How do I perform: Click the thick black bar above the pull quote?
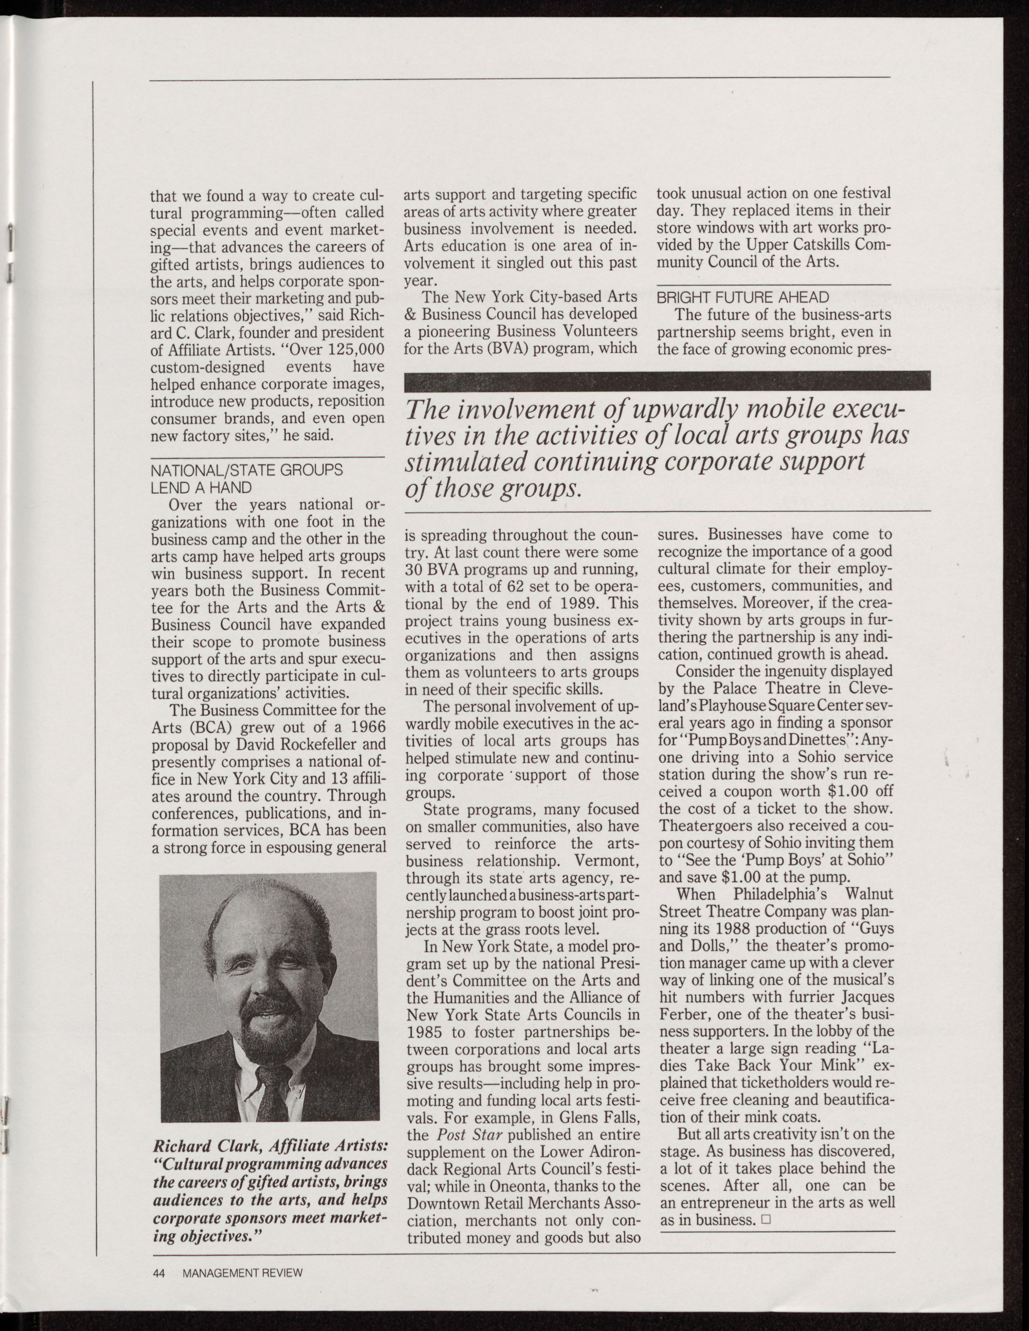tap(667, 380)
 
